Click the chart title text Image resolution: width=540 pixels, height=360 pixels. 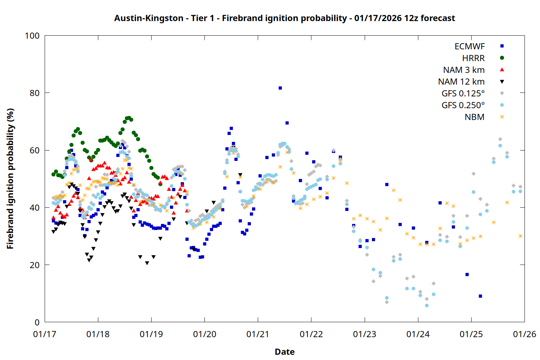tap(284, 18)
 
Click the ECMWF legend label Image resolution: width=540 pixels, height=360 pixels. tap(469, 46)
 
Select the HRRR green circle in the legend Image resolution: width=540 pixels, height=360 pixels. tap(502, 58)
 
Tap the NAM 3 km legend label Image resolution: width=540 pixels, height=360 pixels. tap(464, 70)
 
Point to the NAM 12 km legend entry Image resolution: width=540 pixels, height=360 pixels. tap(461, 82)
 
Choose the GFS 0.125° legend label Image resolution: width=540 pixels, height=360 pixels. tap(463, 94)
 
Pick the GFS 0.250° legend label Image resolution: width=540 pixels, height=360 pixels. tap(463, 105)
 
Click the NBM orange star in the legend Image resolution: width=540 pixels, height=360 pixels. tap(502, 117)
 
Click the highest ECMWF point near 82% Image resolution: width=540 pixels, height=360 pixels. tap(280, 88)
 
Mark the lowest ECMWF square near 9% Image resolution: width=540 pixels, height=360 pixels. tap(480, 296)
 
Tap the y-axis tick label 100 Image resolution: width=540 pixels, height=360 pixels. tap(32, 36)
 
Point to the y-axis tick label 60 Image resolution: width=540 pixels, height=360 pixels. tap(35, 150)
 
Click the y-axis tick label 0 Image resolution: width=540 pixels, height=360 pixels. tap(37, 322)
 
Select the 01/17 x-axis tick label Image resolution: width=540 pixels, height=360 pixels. tap(45, 334)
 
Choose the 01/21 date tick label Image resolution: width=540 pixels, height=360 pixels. tap(258, 334)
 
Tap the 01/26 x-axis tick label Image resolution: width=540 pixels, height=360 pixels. tap(525, 334)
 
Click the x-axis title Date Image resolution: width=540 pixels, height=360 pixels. tap(284, 352)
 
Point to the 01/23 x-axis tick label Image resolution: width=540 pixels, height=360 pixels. tap(365, 334)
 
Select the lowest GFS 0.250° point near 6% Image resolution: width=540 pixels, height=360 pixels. tap(427, 305)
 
